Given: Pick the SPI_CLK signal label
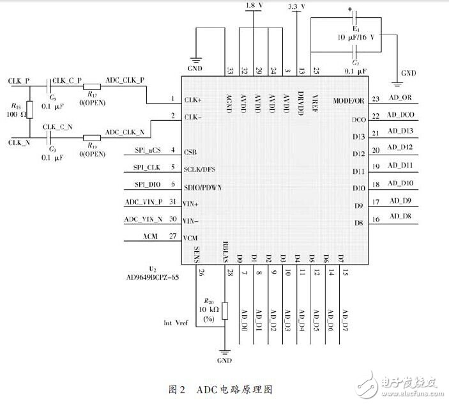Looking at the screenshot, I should point(146,167).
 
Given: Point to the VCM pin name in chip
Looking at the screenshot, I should point(190,238).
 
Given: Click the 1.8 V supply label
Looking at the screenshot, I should point(254,6).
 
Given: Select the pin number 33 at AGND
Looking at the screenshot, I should point(229,70).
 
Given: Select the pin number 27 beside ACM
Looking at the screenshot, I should point(172,236).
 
